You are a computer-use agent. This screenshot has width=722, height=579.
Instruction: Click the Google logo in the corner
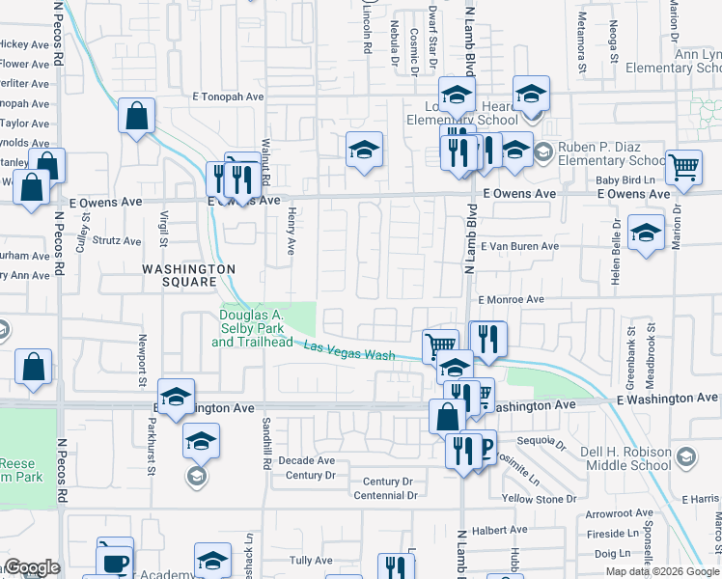click(32, 567)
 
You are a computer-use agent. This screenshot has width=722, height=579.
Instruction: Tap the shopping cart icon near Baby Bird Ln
click(683, 167)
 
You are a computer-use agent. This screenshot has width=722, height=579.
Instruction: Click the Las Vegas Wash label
click(349, 350)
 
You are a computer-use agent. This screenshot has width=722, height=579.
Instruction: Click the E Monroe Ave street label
click(511, 300)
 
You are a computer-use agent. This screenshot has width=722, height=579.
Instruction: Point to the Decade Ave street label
click(306, 461)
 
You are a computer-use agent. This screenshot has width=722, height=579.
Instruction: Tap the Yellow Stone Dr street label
click(538, 499)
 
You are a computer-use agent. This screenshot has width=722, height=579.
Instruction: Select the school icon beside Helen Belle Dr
click(646, 233)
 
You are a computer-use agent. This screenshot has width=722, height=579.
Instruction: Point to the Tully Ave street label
click(311, 560)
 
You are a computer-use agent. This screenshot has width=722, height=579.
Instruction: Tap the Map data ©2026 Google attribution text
click(663, 571)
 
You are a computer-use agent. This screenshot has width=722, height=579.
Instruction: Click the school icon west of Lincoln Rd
click(364, 150)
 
